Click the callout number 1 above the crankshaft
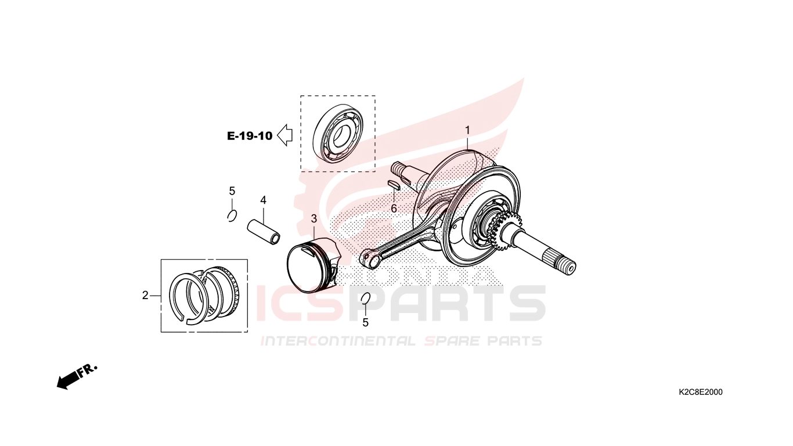pos(467,130)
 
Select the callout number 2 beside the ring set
pos(145,295)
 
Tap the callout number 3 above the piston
pos(314,219)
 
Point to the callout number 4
pos(263,200)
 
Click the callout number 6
pos(394,208)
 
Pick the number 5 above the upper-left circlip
pos(232,191)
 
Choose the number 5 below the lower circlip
pos(365,322)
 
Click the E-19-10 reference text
pos(250,136)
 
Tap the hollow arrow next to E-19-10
pos(284,135)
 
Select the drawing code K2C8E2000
pos(701,392)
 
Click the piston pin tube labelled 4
pos(264,232)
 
